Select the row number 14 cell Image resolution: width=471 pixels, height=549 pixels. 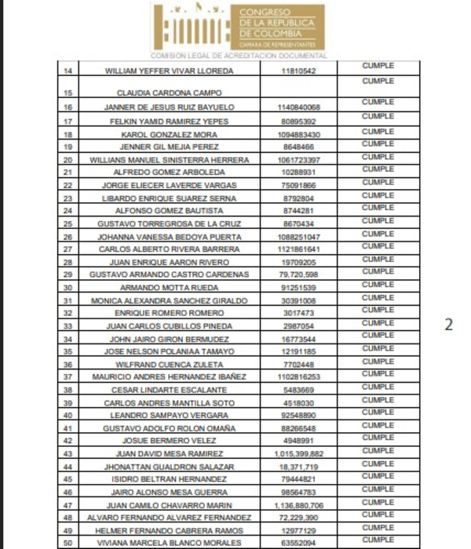click(68, 71)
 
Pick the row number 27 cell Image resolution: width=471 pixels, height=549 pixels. click(68, 249)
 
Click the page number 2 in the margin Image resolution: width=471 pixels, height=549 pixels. click(449, 325)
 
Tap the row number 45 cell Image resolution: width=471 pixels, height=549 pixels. click(68, 478)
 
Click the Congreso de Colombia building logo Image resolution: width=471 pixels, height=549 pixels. click(194, 27)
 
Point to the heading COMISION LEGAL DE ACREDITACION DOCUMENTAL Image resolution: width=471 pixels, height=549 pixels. click(238, 55)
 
